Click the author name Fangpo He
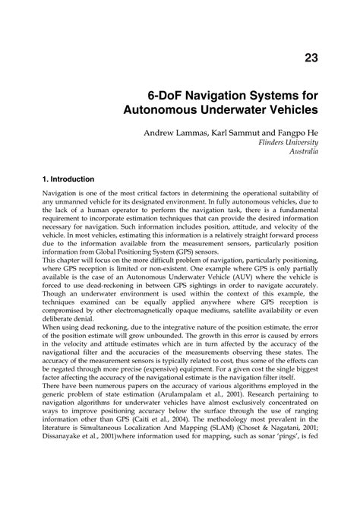(298, 133)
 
